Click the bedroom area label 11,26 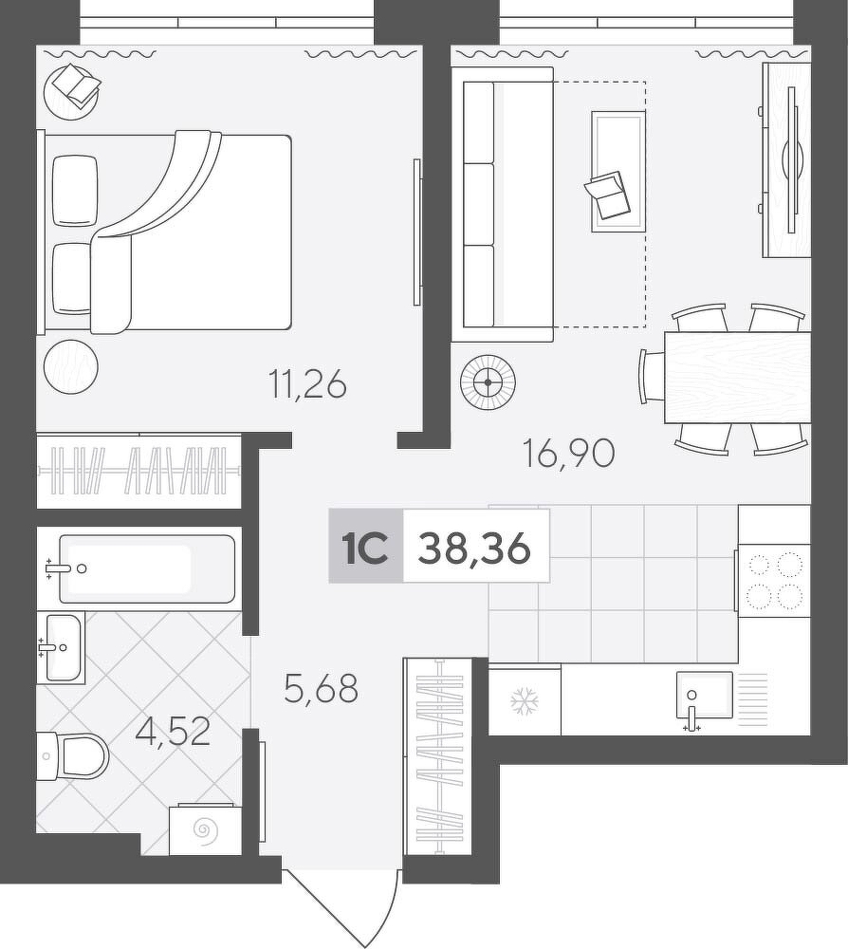(308, 385)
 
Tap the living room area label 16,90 (568, 454)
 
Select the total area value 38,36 (474, 549)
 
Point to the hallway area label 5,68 (322, 688)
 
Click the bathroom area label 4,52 (173, 733)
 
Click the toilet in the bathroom (73, 756)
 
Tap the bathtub (146, 568)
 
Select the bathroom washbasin (61, 647)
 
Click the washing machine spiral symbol (206, 828)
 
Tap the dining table (737, 377)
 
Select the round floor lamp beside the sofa (488, 381)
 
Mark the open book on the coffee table (605, 195)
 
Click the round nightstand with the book (71, 91)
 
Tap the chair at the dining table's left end (653, 377)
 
